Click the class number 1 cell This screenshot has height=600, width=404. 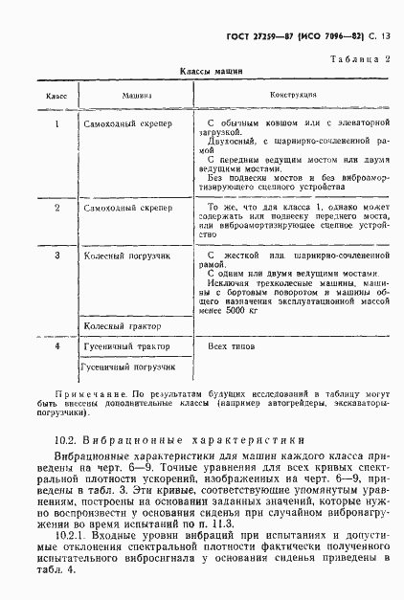click(56, 124)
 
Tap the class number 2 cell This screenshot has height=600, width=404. click(56, 207)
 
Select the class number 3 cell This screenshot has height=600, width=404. click(56, 256)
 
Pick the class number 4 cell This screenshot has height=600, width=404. click(56, 345)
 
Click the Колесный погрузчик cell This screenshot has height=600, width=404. click(127, 256)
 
